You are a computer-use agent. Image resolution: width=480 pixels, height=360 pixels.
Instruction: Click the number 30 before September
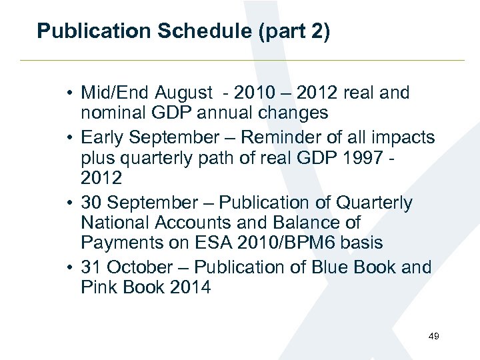pyautogui.click(x=91, y=202)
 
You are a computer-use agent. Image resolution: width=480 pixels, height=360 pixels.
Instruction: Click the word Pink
pyautogui.click(x=101, y=287)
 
